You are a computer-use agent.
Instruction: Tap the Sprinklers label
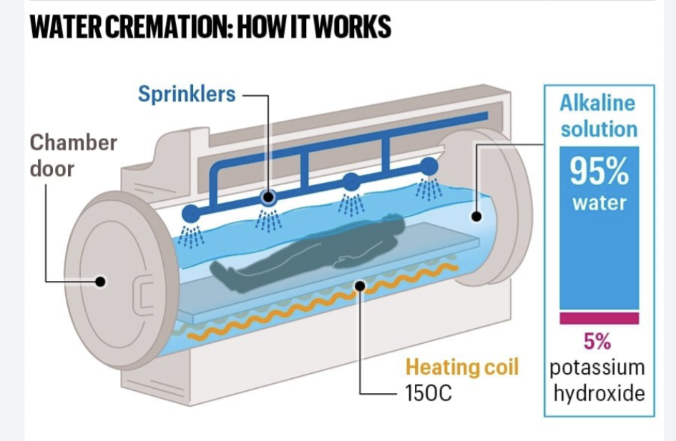[187, 94]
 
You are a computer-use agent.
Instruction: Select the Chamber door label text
[73, 156]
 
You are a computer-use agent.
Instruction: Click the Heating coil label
[462, 367]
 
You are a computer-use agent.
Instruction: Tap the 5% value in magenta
[598, 342]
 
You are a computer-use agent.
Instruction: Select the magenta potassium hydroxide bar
[599, 318]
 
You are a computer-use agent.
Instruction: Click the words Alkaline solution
[598, 116]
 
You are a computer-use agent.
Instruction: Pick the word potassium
[598, 367]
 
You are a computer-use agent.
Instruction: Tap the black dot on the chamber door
[101, 281]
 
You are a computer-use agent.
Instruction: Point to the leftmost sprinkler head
[191, 213]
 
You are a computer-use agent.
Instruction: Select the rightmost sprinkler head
[428, 167]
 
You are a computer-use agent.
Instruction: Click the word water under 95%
[599, 203]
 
